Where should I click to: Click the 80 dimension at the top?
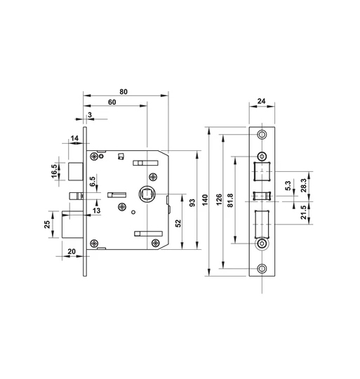click(124, 91)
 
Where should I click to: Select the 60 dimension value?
click(112, 103)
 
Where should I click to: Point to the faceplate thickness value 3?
click(90, 115)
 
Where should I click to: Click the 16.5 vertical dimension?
click(53, 171)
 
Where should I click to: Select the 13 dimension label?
click(96, 210)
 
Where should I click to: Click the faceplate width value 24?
click(262, 102)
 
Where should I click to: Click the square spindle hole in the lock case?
click(147, 194)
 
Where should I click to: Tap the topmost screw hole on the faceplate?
click(262, 135)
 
